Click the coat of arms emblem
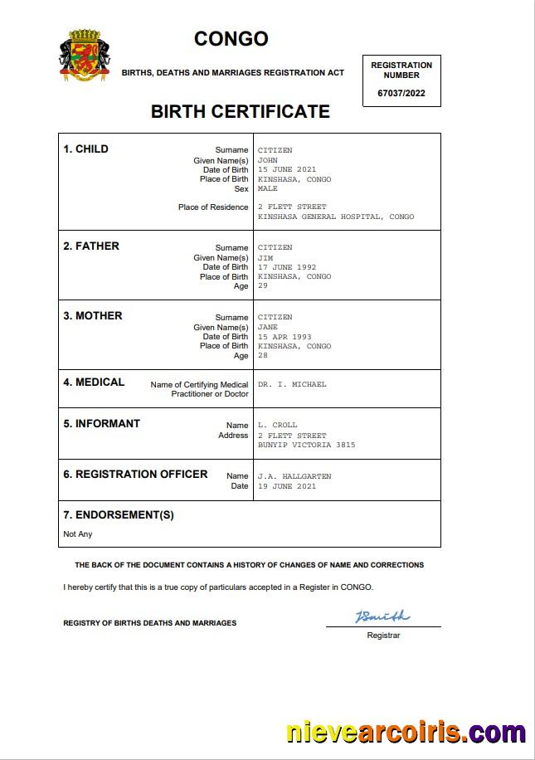[85, 56]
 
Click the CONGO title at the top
[231, 39]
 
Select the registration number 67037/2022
[401, 93]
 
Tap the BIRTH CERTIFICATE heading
[240, 111]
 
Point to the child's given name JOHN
[268, 160]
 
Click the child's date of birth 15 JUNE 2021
[287, 169]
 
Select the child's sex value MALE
[268, 188]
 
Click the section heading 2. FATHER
[91, 246]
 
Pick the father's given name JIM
[265, 257]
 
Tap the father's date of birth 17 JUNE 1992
[287, 267]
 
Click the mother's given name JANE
[268, 327]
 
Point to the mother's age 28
[263, 356]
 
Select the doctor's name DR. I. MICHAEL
[292, 384]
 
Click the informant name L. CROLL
[277, 425]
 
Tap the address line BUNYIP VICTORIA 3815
[306, 445]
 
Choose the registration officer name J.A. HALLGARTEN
[294, 476]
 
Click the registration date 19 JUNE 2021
[287, 486]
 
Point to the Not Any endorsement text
[78, 533]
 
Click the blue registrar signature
[382, 616]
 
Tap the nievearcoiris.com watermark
[406, 733]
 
